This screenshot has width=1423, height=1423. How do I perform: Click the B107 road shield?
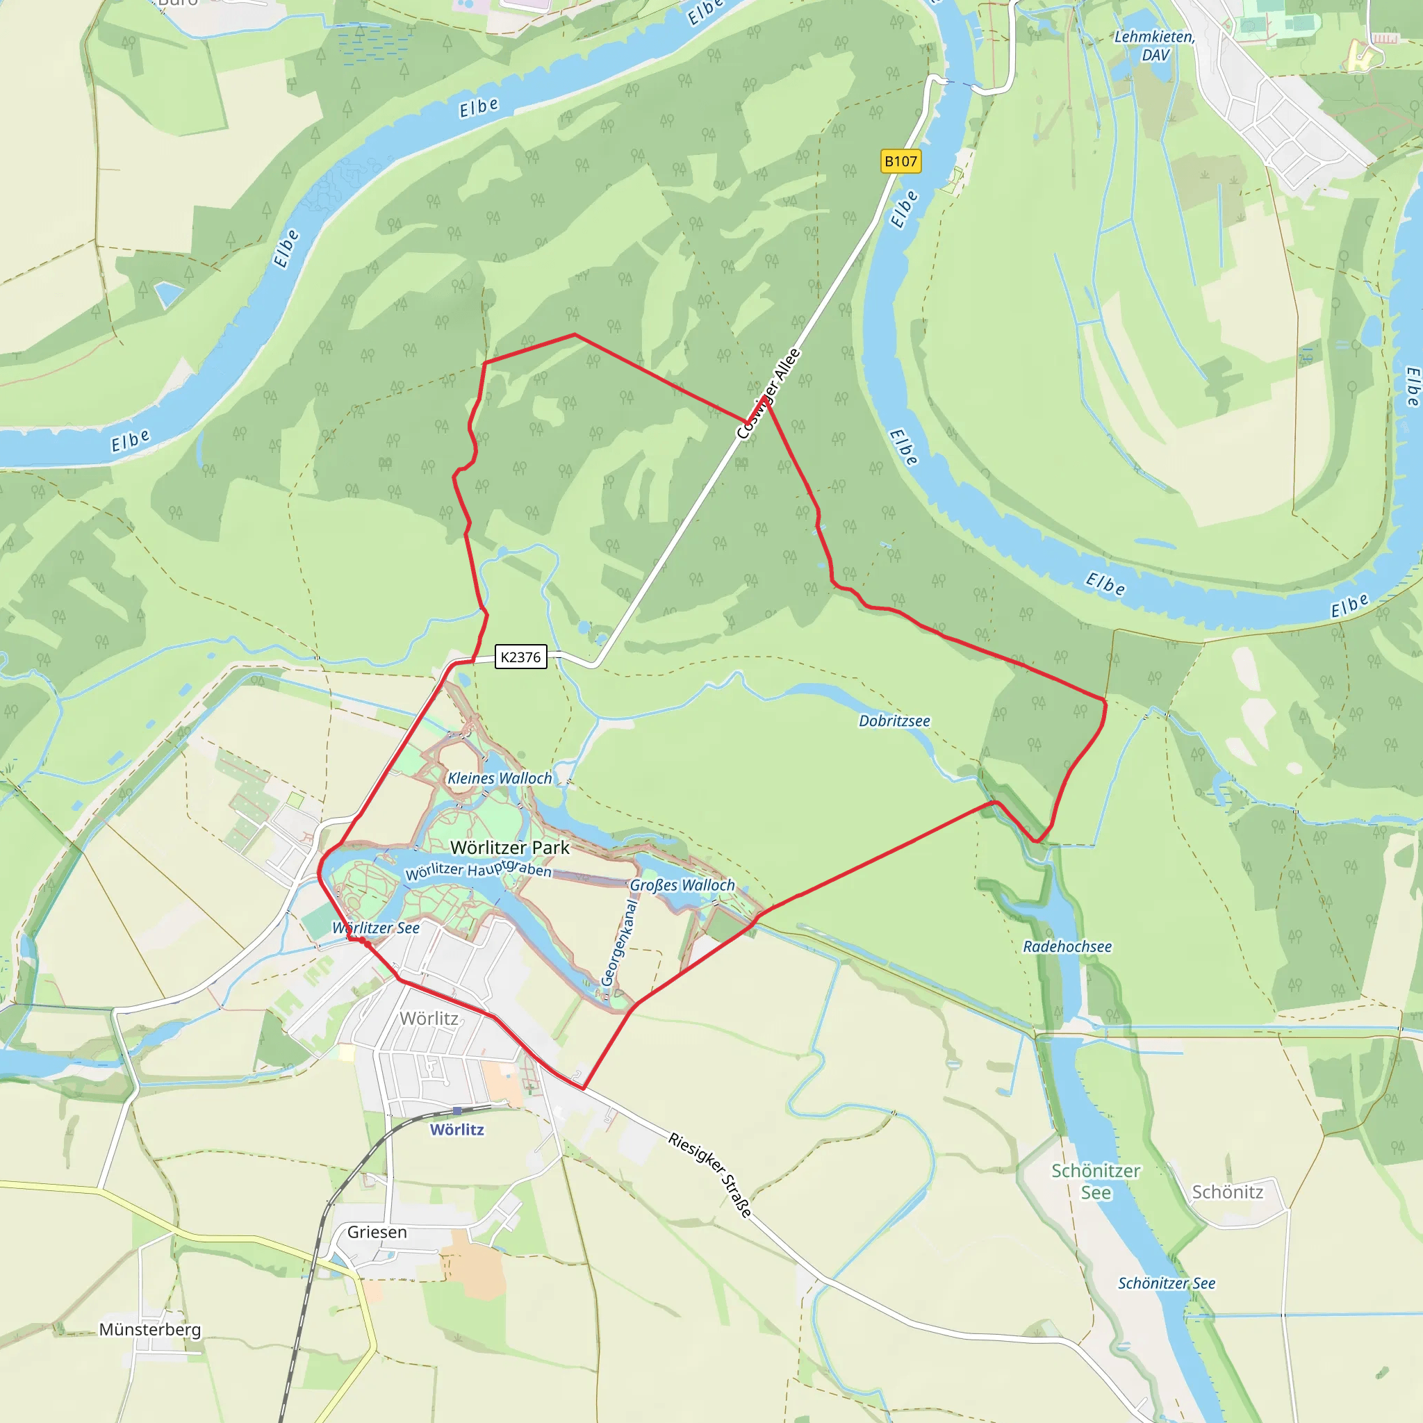pyautogui.click(x=900, y=161)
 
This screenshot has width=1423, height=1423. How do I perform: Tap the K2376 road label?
pyautogui.click(x=520, y=657)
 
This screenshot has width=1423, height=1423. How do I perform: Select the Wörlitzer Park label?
pyautogui.click(x=510, y=848)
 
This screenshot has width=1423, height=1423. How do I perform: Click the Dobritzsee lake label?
pyautogui.click(x=894, y=721)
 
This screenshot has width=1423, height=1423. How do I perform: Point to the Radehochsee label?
pyautogui.click(x=1067, y=946)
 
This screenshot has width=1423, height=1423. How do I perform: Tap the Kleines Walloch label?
pyautogui.click(x=500, y=778)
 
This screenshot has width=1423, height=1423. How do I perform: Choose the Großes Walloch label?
pyautogui.click(x=682, y=885)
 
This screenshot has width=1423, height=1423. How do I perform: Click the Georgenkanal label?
pyautogui.click(x=618, y=943)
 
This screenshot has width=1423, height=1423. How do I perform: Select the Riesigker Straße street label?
pyautogui.click(x=711, y=1175)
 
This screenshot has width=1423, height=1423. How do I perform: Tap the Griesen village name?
pyautogui.click(x=377, y=1232)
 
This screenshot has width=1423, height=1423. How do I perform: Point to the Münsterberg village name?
pyautogui.click(x=150, y=1329)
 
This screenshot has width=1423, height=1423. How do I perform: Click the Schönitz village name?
pyautogui.click(x=1227, y=1192)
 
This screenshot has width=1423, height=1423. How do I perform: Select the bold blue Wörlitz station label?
pyautogui.click(x=456, y=1130)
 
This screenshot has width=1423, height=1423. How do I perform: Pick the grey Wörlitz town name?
pyautogui.click(x=429, y=1019)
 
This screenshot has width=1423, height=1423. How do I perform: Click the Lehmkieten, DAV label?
pyautogui.click(x=1154, y=46)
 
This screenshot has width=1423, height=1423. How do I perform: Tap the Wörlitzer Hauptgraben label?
pyautogui.click(x=478, y=871)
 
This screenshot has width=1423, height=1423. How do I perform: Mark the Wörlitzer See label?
pyautogui.click(x=376, y=928)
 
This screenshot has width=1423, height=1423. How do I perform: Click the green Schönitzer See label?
pyautogui.click(x=1095, y=1181)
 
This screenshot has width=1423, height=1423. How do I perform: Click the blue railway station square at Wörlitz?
pyautogui.click(x=457, y=1111)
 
